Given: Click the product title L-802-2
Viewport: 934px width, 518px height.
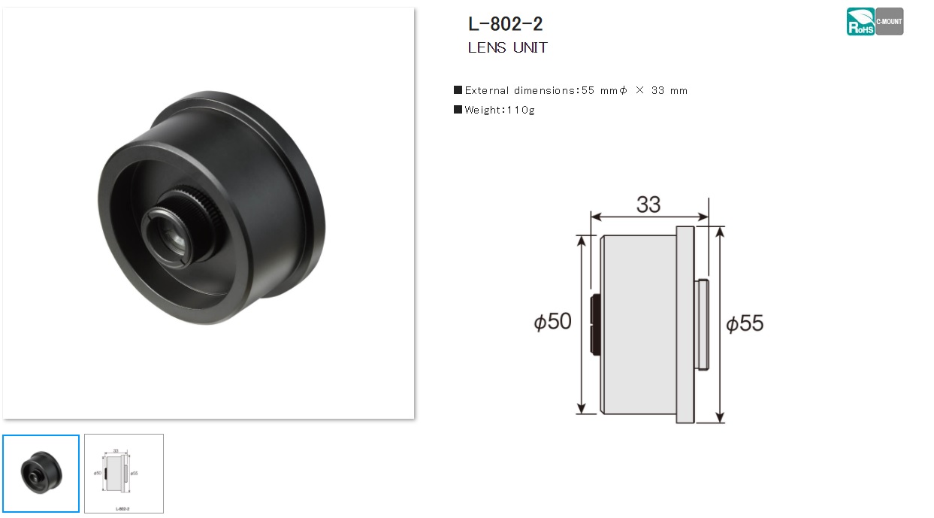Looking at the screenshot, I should click(x=505, y=24).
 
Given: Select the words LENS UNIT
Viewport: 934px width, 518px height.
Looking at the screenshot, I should click(x=507, y=47).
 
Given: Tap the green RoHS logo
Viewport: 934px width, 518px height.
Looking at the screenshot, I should click(x=860, y=22).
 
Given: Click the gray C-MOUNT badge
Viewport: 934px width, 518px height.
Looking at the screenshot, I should click(x=890, y=22).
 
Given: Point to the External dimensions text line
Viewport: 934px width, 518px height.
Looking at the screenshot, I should click(x=576, y=90).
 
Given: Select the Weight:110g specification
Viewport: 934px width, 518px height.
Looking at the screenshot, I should click(x=499, y=110).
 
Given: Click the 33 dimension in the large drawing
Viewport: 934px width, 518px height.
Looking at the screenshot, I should click(x=648, y=204).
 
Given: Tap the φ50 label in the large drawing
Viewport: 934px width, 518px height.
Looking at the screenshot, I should click(x=553, y=322).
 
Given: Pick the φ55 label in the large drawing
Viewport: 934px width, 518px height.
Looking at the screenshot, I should click(x=745, y=323).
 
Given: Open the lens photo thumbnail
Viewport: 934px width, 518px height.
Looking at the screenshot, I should click(x=41, y=473).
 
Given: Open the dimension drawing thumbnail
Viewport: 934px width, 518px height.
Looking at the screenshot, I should click(x=124, y=473).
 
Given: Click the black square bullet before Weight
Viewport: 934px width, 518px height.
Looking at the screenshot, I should click(x=458, y=110).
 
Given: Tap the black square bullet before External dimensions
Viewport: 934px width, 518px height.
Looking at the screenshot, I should click(x=458, y=90).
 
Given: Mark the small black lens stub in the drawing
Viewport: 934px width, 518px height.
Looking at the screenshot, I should click(x=595, y=323).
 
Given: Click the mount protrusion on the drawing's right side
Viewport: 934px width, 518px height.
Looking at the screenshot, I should click(x=702, y=324).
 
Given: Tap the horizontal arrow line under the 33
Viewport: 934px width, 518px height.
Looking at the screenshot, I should click(x=649, y=217).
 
